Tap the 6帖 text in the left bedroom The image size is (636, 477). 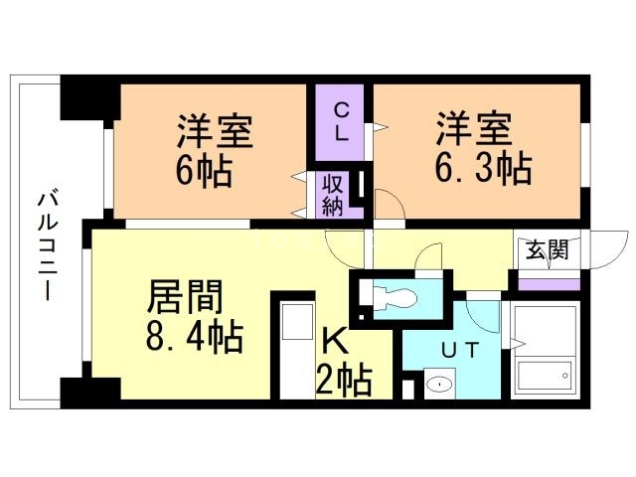204,171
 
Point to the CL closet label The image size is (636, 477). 340,121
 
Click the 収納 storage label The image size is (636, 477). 333,195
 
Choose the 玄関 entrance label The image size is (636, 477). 547,249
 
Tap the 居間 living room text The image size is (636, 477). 186,295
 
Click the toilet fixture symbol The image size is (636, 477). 393,295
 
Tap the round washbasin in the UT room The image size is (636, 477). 436,383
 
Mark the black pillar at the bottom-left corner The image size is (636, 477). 83,391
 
